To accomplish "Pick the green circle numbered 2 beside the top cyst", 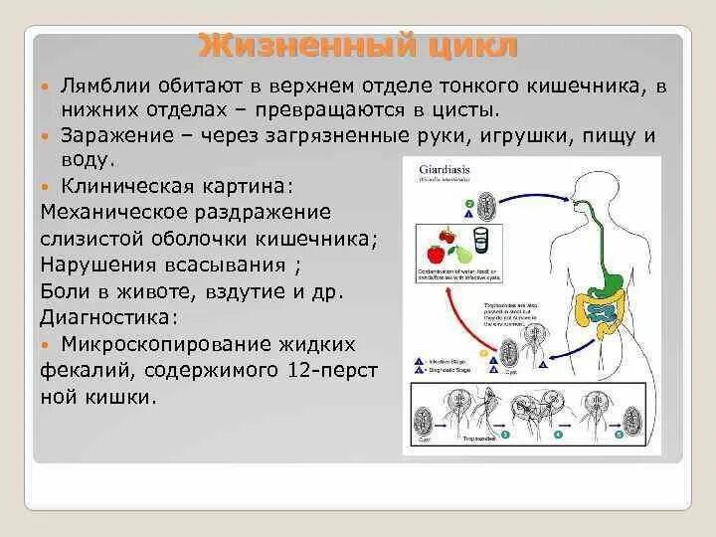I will click(468, 206).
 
